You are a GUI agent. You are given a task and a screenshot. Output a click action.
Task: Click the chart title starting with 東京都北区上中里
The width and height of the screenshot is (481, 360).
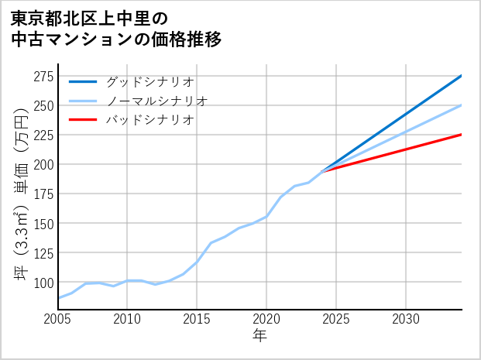tap(116, 29)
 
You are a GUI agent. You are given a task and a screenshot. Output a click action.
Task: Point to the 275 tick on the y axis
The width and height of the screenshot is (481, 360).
tap(43, 76)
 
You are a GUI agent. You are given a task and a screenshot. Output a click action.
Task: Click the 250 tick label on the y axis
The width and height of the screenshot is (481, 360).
tap(43, 105)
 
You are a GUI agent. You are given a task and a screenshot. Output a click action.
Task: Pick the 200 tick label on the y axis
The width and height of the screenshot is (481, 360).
tap(43, 164)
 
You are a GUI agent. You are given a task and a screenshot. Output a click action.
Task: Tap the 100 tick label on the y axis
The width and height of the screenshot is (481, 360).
tap(43, 282)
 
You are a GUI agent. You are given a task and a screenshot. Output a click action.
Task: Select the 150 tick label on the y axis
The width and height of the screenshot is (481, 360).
tap(43, 223)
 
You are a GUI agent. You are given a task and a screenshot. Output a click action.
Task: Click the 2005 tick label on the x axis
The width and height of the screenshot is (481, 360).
tap(58, 319)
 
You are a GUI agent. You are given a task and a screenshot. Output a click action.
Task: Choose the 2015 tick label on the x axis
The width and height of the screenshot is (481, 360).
tap(197, 319)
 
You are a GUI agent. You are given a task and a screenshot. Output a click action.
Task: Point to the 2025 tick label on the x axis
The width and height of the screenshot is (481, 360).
tap(336, 319)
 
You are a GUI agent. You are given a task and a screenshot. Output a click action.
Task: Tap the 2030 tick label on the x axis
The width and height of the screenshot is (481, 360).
tap(406, 319)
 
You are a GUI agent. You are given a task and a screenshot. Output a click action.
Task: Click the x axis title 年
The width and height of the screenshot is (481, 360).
tap(259, 337)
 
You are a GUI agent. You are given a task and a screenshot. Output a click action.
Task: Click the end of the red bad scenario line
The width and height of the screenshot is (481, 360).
tap(461, 135)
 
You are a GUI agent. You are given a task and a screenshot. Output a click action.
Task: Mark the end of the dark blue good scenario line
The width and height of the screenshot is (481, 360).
tap(461, 76)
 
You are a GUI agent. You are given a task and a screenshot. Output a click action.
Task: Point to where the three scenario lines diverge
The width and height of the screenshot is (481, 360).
tap(322, 170)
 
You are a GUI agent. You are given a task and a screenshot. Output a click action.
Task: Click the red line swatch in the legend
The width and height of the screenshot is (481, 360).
tap(84, 120)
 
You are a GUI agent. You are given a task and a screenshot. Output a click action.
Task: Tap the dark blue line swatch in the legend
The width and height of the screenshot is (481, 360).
tap(84, 81)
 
